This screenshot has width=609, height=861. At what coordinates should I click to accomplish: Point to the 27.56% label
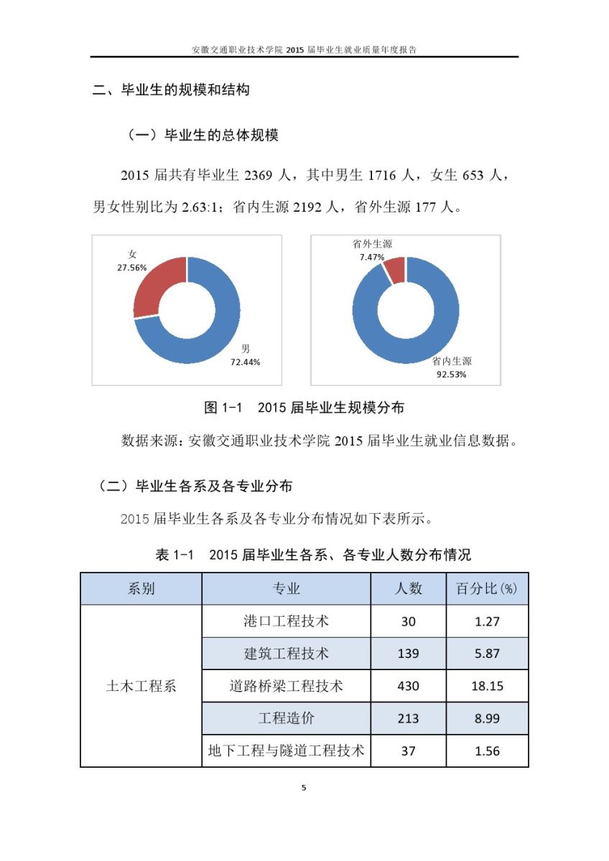tap(132, 268)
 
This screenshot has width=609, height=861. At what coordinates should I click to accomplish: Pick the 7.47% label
tap(372, 257)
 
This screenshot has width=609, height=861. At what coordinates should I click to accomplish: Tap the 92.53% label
tap(451, 374)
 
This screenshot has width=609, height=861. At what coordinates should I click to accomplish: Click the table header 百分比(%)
tap(487, 589)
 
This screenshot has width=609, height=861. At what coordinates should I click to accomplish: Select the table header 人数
tap(409, 589)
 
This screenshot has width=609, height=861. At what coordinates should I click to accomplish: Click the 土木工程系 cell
tap(141, 686)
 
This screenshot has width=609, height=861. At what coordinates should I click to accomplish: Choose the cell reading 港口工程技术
tap(286, 621)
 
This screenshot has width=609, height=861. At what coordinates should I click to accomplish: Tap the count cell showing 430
tap(408, 686)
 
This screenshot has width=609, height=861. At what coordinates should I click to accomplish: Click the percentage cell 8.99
tap(487, 718)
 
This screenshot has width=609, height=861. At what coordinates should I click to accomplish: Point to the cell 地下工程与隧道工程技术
tap(286, 751)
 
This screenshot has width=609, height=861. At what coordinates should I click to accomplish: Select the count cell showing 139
tap(408, 654)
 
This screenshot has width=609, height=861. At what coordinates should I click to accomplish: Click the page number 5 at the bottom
tap(304, 788)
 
